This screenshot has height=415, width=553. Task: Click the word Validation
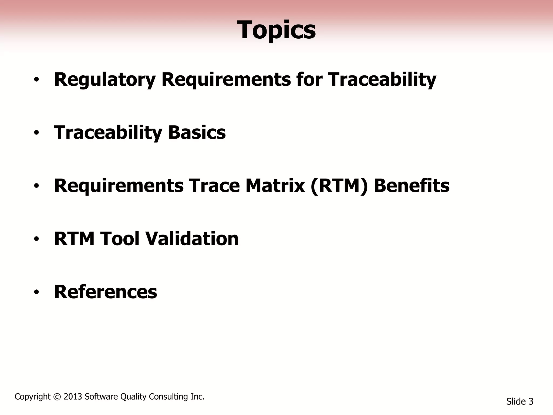[x=192, y=239]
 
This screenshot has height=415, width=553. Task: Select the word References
[x=106, y=292]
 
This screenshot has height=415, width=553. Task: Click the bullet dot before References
[x=37, y=292]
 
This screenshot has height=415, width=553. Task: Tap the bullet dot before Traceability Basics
[x=37, y=133]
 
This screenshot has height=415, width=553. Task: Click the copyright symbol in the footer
[x=57, y=397]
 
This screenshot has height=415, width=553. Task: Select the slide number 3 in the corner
[x=531, y=401]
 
